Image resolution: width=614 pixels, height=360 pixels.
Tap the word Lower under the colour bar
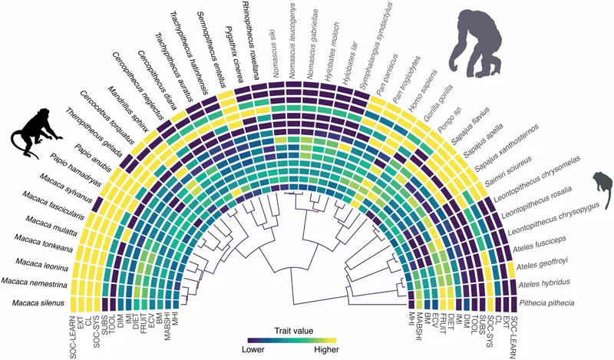[253, 349]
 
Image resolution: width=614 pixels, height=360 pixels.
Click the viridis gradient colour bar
[292, 340]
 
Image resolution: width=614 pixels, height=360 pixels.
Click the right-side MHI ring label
[411, 322]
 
